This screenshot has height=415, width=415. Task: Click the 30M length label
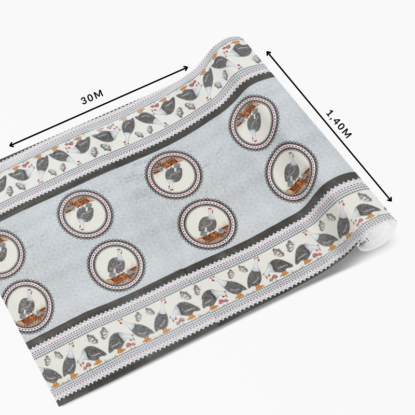[92, 97]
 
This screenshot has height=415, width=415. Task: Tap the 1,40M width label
[339, 124]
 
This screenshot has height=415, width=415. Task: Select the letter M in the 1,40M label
[347, 134]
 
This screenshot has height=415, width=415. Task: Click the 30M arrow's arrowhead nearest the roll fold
[185, 68]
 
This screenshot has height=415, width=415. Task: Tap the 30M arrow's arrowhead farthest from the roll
[12, 144]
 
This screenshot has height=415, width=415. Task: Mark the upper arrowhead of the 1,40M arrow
[269, 53]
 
